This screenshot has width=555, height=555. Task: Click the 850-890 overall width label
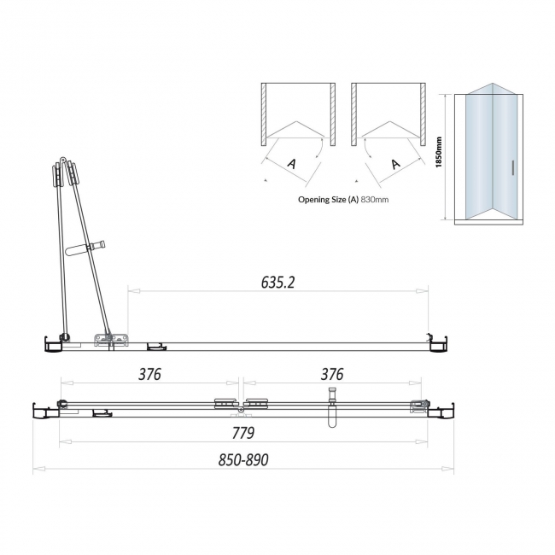click(243, 459)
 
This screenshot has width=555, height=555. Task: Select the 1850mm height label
click(439, 153)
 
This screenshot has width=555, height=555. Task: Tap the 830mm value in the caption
click(375, 199)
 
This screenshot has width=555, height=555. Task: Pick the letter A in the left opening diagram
click(292, 163)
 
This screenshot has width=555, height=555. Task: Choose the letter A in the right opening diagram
click(395, 163)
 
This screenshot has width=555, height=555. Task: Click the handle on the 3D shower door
click(511, 167)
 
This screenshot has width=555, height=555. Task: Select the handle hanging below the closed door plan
click(333, 418)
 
